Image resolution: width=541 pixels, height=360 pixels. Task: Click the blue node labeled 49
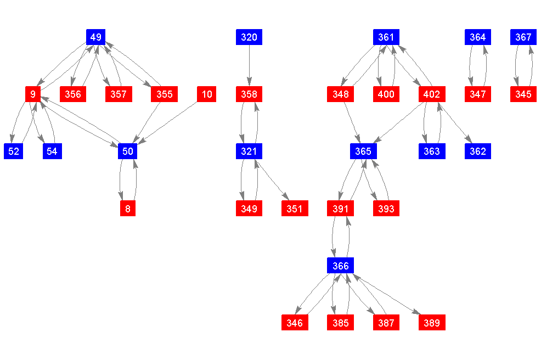coord(96,37)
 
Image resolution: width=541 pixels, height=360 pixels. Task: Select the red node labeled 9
coord(33,94)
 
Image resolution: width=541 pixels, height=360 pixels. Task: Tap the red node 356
coord(73,94)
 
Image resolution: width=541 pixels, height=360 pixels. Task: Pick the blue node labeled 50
coord(127,151)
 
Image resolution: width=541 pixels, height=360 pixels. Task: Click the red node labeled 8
coord(128,209)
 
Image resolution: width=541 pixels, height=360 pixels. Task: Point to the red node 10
coord(207,94)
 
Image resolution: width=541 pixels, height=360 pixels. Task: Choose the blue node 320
coord(249,37)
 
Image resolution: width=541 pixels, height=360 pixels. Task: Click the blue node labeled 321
coord(249,151)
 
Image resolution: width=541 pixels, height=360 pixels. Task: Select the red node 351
coord(295,209)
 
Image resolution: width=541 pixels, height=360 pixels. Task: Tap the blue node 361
coord(386,37)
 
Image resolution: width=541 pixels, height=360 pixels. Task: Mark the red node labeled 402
coord(432,94)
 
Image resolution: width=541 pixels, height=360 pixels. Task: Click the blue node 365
coord(363,151)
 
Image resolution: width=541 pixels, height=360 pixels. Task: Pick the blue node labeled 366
coord(341,266)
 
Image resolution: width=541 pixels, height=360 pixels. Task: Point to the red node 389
coord(432,323)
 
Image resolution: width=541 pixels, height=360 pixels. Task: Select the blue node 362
coord(478,151)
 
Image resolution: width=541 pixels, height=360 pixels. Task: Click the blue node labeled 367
coord(523,37)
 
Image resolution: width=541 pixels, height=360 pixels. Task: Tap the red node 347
coord(478,94)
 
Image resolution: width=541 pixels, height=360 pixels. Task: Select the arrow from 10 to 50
coord(170,121)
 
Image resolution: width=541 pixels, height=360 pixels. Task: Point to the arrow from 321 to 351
coord(272,180)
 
